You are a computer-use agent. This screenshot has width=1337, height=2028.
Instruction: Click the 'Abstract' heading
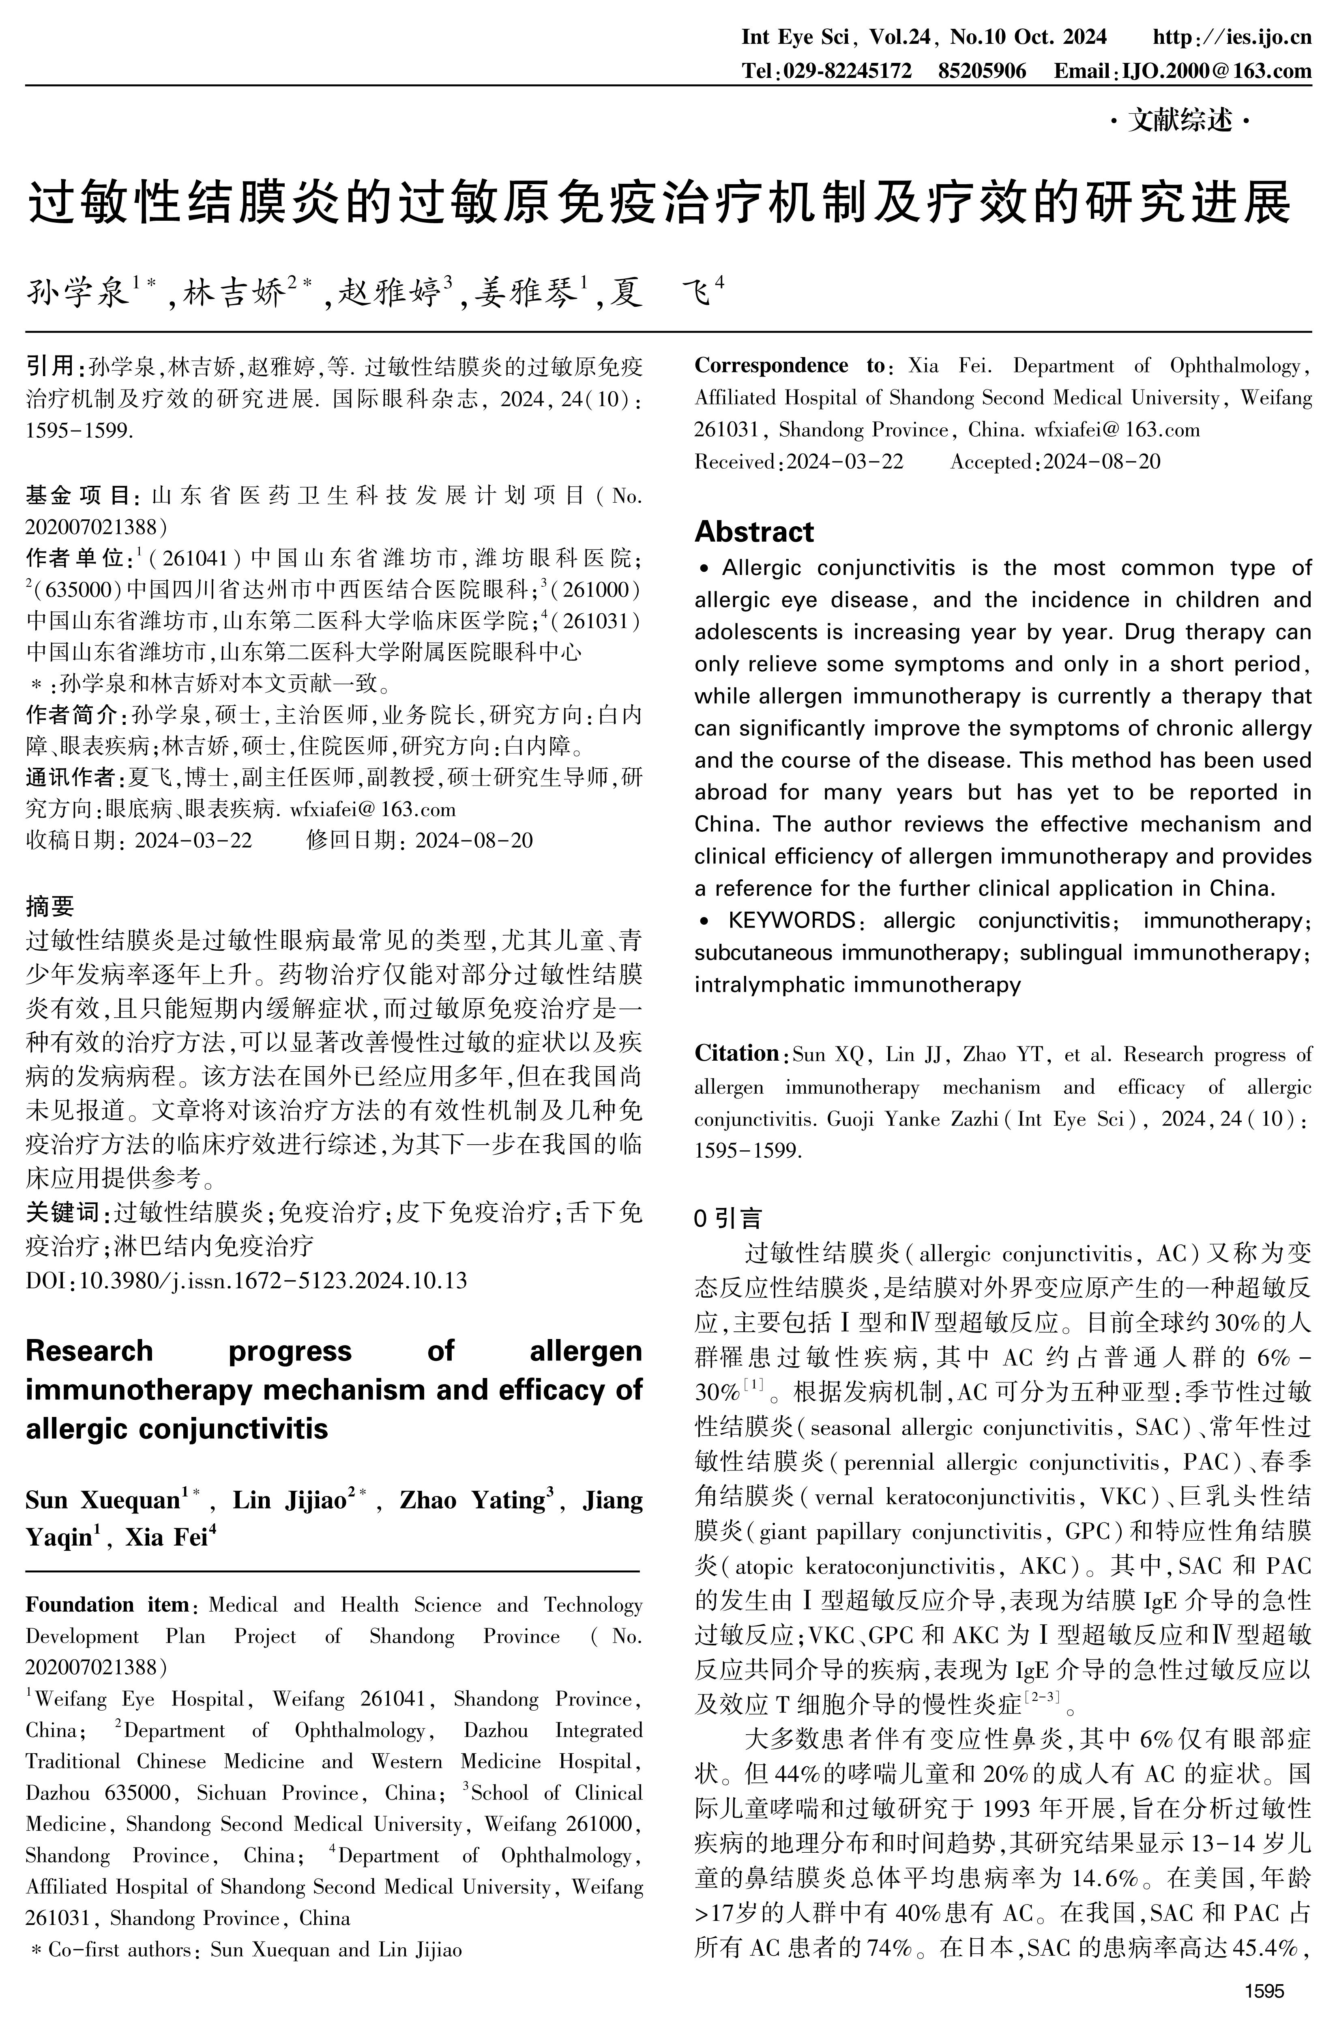[x=754, y=532]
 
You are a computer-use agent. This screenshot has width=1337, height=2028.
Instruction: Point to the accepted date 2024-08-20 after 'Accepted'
[x=1102, y=462]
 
